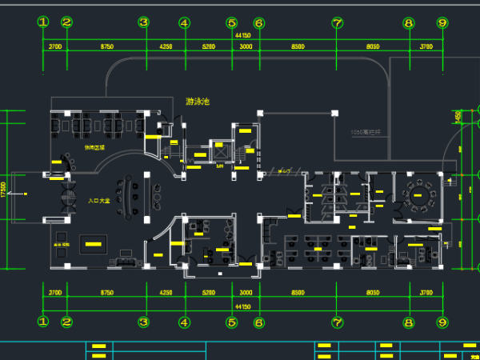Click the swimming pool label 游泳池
click(x=197, y=102)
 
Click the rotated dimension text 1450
click(x=458, y=117)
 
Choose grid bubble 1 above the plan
click(x=43, y=22)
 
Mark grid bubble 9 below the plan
click(x=442, y=322)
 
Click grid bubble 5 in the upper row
click(x=232, y=22)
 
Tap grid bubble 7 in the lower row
click(x=337, y=322)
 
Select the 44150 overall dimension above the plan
click(x=242, y=36)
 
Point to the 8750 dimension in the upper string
click(x=106, y=47)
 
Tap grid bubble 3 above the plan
click(x=144, y=22)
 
